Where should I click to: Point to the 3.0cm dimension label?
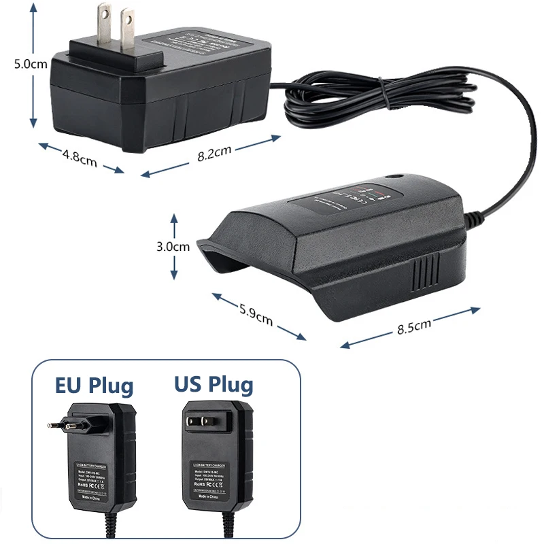click(173, 247)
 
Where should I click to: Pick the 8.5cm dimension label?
click(414, 328)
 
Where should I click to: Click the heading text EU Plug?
click(95, 386)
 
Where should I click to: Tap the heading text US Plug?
click(214, 385)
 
